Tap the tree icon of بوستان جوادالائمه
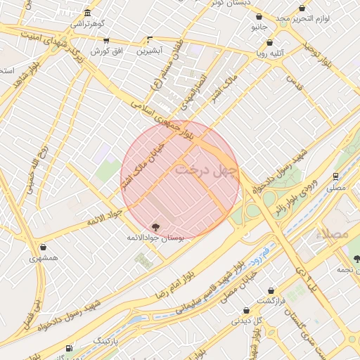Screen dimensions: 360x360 155,227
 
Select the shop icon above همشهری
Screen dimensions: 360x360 44,247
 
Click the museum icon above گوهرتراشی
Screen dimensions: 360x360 86,13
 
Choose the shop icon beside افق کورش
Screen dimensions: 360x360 106,40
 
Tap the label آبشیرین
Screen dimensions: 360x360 149,51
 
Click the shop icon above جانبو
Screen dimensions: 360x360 259,16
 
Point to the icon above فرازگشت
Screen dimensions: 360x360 271,290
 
